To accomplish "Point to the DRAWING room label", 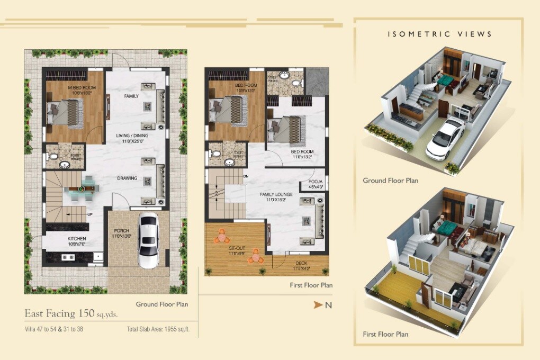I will pyautogui.click(x=127, y=178).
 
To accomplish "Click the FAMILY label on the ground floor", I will pyautogui.click(x=131, y=96).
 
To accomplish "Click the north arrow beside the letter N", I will pyautogui.click(x=318, y=305).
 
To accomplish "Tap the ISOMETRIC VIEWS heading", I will pyautogui.click(x=439, y=34).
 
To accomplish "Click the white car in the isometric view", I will pyautogui.click(x=445, y=138).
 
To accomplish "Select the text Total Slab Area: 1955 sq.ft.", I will pyautogui.click(x=158, y=329).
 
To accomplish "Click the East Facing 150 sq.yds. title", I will pyautogui.click(x=71, y=313).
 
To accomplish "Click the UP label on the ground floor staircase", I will pyautogui.click(x=89, y=214).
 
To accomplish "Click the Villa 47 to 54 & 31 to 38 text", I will pyautogui.click(x=54, y=329).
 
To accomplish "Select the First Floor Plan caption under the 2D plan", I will pyautogui.click(x=311, y=285).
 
